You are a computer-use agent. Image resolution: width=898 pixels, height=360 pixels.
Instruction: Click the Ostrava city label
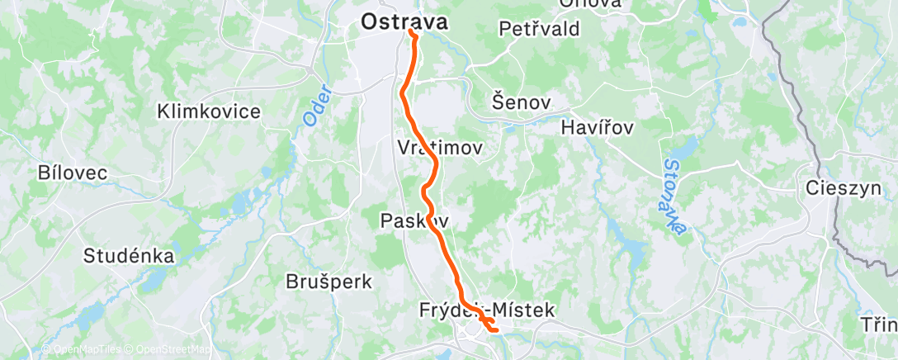point(404,22)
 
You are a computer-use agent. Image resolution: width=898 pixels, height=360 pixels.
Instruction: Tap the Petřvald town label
point(540,29)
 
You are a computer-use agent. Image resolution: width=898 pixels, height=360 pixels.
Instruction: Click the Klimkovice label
point(209,111)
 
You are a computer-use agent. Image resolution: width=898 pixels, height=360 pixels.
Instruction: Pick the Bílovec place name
point(73,173)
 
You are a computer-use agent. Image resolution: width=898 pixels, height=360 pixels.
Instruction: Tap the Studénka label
point(129,256)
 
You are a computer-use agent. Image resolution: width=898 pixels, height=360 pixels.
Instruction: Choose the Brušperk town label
point(328,282)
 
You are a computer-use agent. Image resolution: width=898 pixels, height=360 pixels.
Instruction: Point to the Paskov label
point(414,220)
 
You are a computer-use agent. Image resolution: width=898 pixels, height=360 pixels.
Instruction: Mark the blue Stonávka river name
point(675,195)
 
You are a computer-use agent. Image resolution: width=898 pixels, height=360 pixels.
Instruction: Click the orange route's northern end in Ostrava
point(412,33)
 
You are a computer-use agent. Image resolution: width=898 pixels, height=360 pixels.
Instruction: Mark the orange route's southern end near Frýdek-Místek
point(495,330)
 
